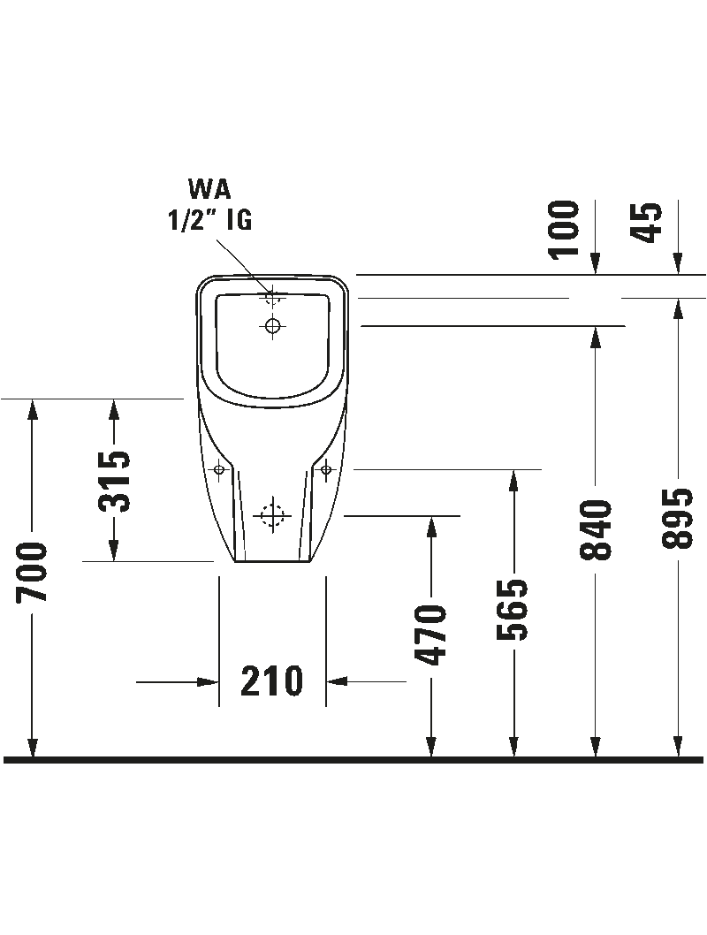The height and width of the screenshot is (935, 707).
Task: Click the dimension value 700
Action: pyautogui.click(x=34, y=573)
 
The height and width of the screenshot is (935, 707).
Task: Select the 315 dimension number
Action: pyautogui.click(x=114, y=481)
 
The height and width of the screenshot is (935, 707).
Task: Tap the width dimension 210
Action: pyautogui.click(x=272, y=681)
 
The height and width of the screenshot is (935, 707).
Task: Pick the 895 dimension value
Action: pyautogui.click(x=679, y=518)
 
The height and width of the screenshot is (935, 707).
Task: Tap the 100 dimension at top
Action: pyautogui.click(x=566, y=228)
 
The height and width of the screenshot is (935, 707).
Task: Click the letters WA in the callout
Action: pyautogui.click(x=209, y=188)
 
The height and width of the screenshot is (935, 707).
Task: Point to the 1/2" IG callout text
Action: pyautogui.click(x=210, y=218)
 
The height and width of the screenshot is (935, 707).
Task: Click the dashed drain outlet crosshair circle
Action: pyautogui.click(x=272, y=513)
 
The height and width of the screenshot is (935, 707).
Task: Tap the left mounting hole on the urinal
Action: pyautogui.click(x=219, y=469)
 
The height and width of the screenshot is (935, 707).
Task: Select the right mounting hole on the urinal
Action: pyautogui.click(x=326, y=468)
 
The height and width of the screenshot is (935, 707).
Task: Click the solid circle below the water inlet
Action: pyautogui.click(x=272, y=326)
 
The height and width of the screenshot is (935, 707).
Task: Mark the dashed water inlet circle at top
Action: pyautogui.click(x=272, y=298)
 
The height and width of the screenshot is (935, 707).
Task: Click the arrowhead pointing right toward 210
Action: pyautogui.click(x=209, y=681)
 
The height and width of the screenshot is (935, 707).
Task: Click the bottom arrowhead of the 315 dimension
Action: pyautogui.click(x=114, y=551)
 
